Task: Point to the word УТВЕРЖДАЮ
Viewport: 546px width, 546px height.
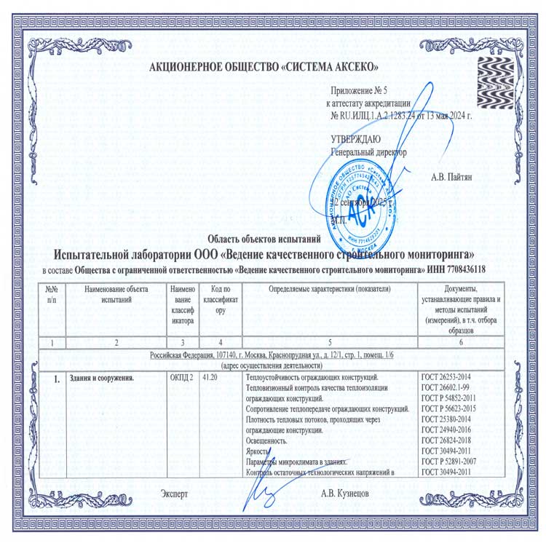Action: click(x=355, y=139)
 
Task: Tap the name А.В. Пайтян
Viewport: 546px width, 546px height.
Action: click(x=456, y=177)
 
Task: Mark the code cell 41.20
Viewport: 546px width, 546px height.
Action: click(x=211, y=378)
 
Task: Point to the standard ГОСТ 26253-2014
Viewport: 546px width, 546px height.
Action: click(x=452, y=378)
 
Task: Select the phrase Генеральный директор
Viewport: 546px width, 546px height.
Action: click(x=368, y=153)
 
